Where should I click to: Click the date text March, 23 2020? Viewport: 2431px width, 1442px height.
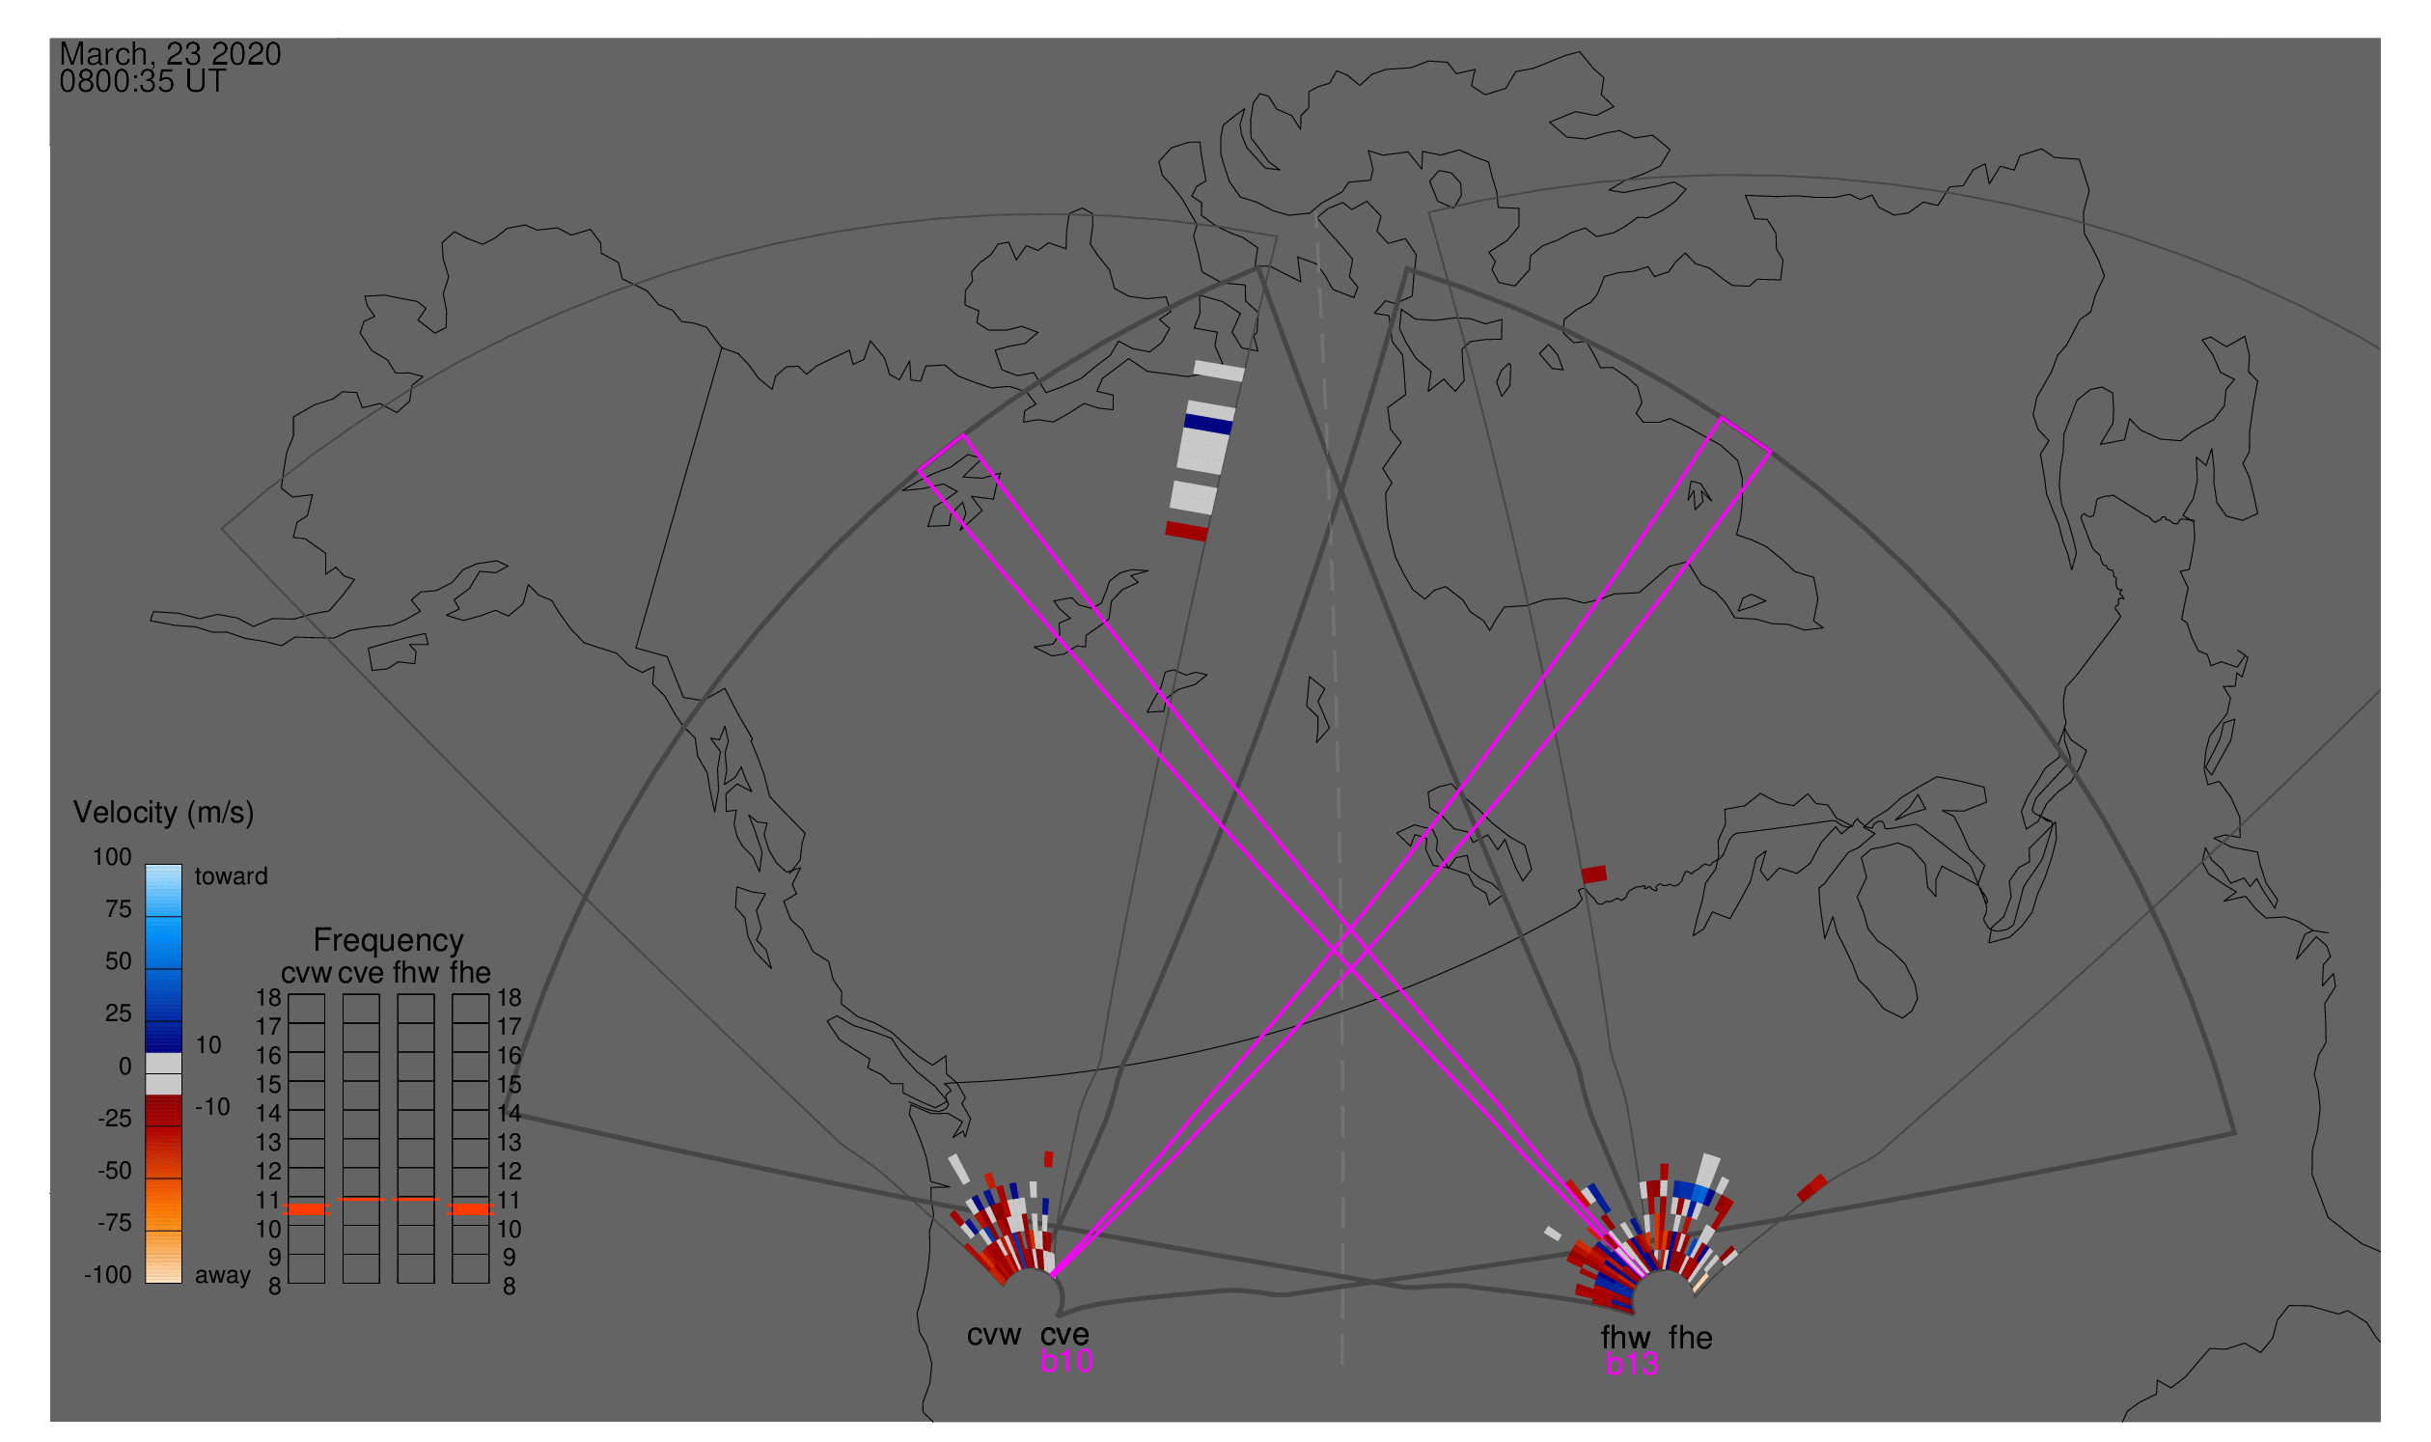170,54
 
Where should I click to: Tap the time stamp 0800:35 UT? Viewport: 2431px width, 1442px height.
143,82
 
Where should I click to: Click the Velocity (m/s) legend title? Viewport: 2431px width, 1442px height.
164,814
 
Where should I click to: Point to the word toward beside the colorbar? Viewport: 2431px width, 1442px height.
232,876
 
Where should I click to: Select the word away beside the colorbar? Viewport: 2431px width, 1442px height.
223,1276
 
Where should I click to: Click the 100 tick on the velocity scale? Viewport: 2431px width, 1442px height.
112,857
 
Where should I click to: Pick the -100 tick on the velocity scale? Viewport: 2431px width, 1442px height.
108,1275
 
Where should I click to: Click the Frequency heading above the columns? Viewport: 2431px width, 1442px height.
389,942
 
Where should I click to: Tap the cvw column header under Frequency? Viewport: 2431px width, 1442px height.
307,974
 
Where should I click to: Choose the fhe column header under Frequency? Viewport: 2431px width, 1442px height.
470,974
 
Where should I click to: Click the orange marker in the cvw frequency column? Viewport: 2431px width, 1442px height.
307,1210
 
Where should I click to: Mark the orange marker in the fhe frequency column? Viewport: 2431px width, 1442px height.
470,1210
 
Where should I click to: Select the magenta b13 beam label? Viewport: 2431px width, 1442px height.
1632,1365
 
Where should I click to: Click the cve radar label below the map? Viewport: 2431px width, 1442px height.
1064,1336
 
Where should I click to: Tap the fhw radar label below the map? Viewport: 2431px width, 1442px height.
1625,1339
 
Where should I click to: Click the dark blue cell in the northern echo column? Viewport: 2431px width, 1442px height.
1208,425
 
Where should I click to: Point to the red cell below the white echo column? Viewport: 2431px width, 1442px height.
1186,532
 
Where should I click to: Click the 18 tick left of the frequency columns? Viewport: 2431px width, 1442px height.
268,998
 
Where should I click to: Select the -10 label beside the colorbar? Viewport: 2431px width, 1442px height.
212,1108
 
